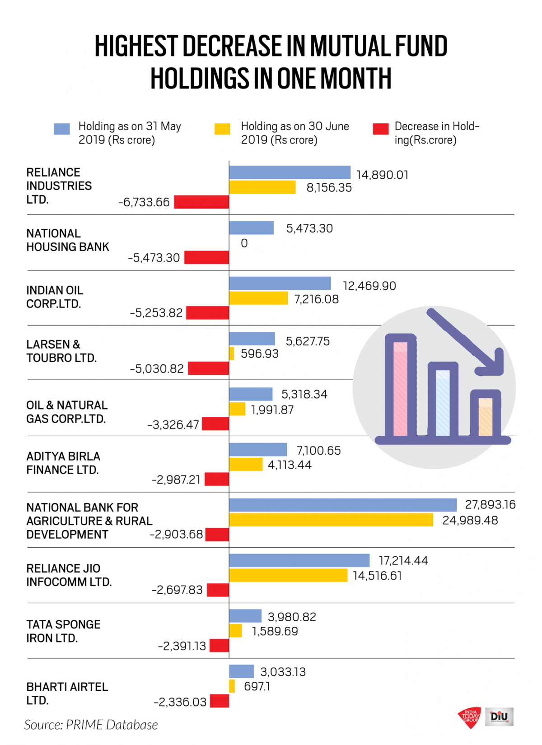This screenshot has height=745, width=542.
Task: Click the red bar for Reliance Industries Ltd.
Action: click(x=201, y=202)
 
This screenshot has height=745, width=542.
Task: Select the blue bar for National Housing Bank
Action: click(x=251, y=228)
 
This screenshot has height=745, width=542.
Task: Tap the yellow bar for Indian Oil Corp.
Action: click(x=258, y=298)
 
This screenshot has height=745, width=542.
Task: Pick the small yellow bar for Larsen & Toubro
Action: click(x=232, y=353)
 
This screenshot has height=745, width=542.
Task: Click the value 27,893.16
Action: click(x=490, y=504)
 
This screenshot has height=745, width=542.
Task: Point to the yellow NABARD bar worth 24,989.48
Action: click(x=331, y=520)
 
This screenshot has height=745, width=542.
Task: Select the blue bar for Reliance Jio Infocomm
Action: click(x=299, y=560)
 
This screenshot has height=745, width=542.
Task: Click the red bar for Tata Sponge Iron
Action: click(x=220, y=646)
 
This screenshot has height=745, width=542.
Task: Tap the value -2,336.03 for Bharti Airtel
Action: click(x=180, y=702)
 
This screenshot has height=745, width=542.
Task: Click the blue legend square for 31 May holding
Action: click(x=62, y=129)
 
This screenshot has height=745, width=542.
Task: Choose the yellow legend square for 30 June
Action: click(x=222, y=129)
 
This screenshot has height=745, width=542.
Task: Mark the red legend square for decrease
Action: click(x=381, y=129)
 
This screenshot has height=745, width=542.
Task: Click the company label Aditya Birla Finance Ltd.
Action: click(x=63, y=463)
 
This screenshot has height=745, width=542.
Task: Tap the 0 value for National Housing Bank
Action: click(x=244, y=243)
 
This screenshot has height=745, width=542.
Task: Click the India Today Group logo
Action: click(x=470, y=717)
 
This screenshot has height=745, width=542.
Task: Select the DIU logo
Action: click(x=500, y=717)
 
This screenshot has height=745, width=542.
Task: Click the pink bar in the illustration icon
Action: click(x=400, y=388)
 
